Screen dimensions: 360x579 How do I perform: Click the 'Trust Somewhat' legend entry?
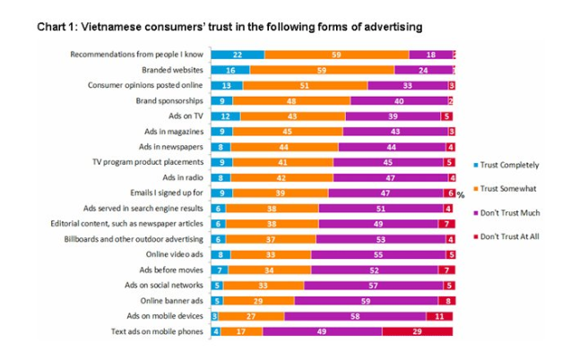(x=503, y=190)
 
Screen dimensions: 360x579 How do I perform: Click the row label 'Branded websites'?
(x=173, y=70)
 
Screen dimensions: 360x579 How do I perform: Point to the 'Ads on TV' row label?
(x=185, y=116)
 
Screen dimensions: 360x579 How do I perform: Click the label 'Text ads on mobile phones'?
(x=156, y=330)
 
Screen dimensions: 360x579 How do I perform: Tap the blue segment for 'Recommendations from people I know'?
(x=237, y=55)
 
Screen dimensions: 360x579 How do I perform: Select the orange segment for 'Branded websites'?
(x=321, y=70)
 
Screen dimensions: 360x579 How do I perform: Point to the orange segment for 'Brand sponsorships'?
(x=291, y=100)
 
